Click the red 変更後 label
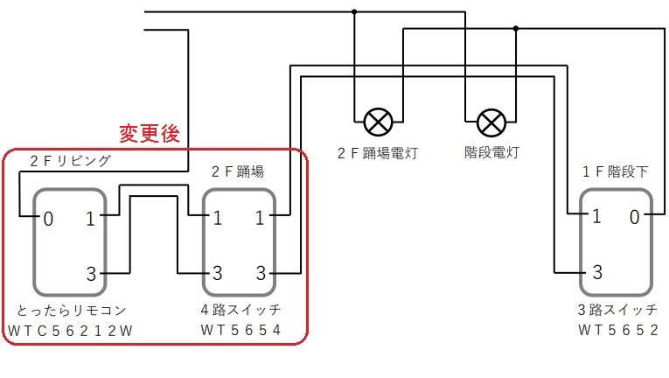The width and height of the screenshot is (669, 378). point(149,134)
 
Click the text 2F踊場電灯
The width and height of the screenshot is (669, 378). point(378,152)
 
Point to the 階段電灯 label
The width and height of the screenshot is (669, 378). point(491,152)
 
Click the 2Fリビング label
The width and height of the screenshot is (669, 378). point(71,161)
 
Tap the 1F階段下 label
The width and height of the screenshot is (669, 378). point(616,172)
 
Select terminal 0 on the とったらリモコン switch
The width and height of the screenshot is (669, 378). point(48,218)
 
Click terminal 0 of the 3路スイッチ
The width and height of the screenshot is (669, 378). point(634,216)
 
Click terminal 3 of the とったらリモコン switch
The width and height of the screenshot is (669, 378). point(90,274)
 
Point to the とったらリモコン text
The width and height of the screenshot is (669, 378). point(72,310)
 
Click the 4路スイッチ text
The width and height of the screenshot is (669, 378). point(240,310)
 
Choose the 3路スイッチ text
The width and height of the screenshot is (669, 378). point(616,310)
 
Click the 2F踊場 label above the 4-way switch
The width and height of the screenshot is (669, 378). point(239,170)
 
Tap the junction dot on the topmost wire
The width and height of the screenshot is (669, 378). point(354,12)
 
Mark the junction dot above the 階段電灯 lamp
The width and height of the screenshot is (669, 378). point(516,29)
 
